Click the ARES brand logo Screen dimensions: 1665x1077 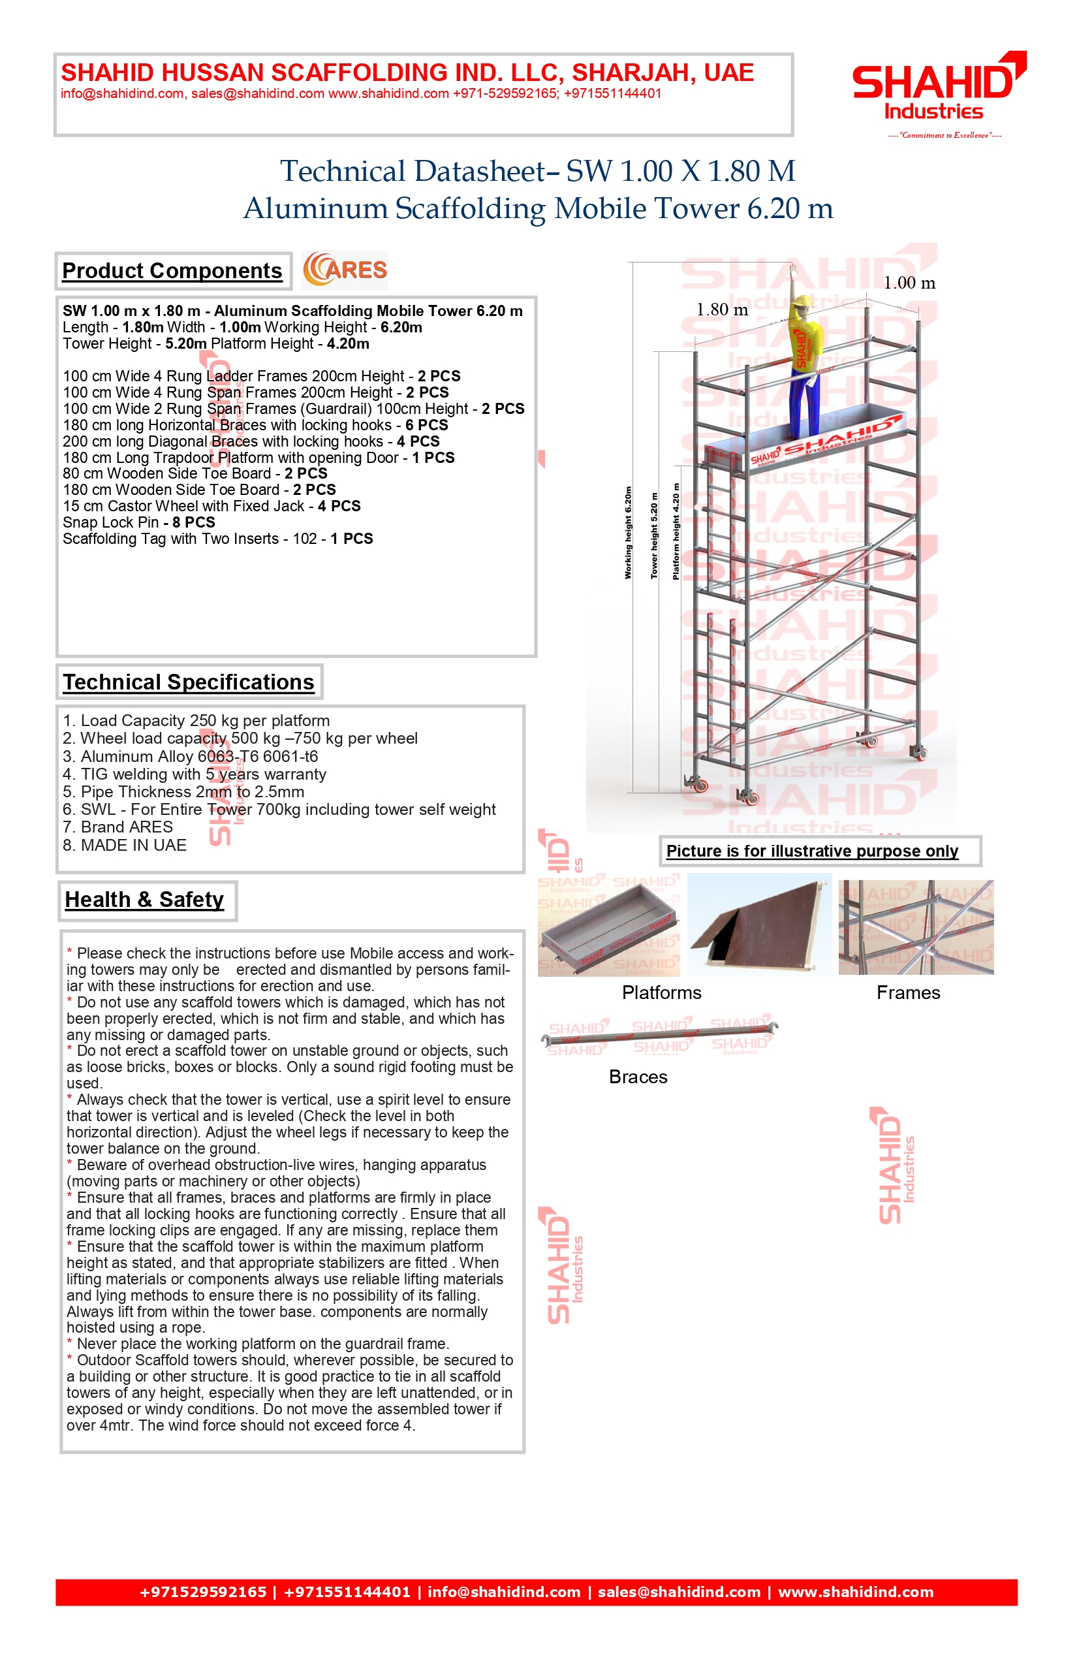pos(345,270)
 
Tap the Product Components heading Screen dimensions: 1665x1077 pos(172,271)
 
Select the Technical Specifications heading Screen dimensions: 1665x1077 pos(189,682)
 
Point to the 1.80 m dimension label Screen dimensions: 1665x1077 pos(722,310)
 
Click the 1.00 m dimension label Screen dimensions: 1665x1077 pos(909,283)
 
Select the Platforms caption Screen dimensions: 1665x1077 pos(662,992)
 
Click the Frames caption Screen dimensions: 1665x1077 pos(909,992)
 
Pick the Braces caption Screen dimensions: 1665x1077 pos(638,1077)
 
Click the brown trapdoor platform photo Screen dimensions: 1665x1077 pos(760,925)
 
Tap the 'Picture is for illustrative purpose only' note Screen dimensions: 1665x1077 pos(812,851)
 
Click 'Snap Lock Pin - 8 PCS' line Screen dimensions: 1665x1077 pos(139,522)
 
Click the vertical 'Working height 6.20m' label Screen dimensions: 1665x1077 pos(628,533)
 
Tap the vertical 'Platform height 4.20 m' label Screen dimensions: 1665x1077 pos(676,531)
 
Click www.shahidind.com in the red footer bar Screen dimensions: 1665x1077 pos(855,1593)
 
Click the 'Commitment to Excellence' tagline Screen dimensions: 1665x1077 pos(944,135)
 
